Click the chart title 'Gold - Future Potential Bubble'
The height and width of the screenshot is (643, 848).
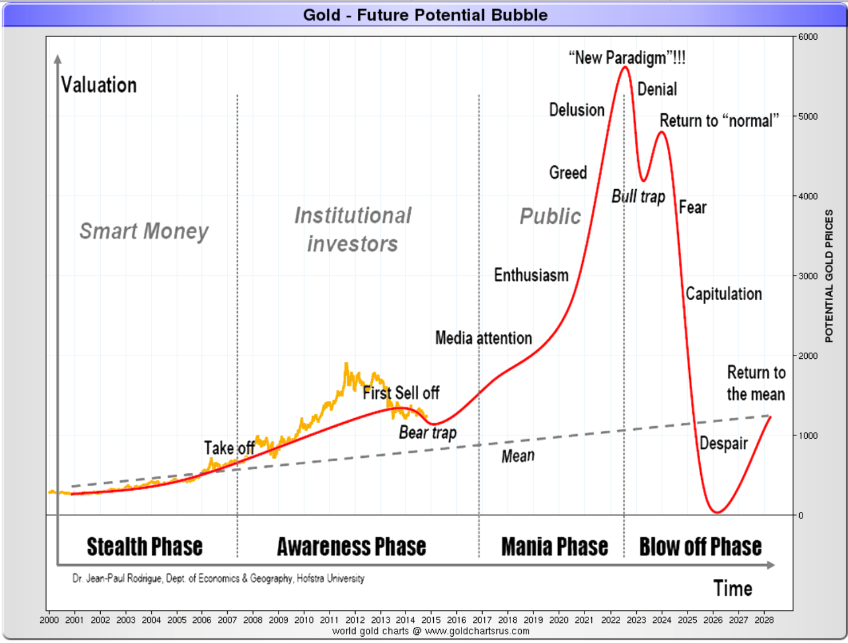[425, 15]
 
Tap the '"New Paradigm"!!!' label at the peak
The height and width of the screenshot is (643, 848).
[627, 58]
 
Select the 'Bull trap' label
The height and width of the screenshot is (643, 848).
[638, 197]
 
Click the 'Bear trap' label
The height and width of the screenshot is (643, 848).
[427, 433]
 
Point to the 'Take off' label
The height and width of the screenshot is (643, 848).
[229, 447]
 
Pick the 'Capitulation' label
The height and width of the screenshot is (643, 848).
[723, 294]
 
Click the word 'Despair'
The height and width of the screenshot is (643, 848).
[723, 443]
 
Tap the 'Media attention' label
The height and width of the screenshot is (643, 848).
[483, 338]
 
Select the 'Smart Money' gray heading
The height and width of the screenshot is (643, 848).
[144, 231]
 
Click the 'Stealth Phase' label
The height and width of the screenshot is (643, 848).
[144, 546]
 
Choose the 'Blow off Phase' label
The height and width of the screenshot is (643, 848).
[700, 546]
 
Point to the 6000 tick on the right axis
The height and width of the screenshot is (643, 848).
[808, 37]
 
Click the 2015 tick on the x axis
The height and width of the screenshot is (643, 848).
[431, 620]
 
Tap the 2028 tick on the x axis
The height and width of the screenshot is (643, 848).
[764, 620]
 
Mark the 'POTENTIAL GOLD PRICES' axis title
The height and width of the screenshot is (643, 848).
[829, 275]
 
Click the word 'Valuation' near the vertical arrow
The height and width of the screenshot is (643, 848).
[99, 85]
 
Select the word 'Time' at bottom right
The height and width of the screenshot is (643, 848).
[732, 588]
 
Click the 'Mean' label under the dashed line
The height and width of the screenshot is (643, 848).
[518, 456]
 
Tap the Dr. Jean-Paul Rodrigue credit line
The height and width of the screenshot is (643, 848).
[218, 579]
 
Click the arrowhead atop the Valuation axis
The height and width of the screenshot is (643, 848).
[58, 59]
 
